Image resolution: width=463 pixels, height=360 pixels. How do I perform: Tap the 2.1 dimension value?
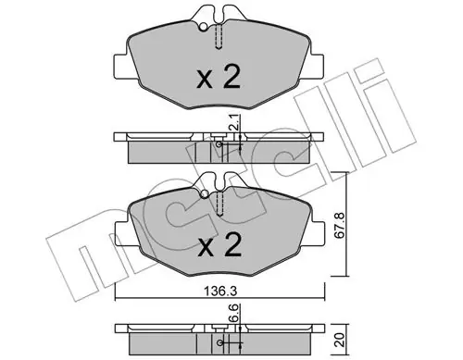233,122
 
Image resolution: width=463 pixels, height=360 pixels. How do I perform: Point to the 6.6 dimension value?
233,312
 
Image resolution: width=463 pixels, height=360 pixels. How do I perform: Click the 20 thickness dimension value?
341,340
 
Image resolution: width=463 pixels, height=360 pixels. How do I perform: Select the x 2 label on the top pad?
219,77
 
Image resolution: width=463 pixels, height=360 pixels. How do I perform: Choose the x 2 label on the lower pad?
219,244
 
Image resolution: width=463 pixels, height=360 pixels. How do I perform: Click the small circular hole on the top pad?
204,28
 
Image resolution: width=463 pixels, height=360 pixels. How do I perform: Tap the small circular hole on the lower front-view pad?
205,194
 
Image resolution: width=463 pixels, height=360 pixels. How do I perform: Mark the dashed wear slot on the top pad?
219,37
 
